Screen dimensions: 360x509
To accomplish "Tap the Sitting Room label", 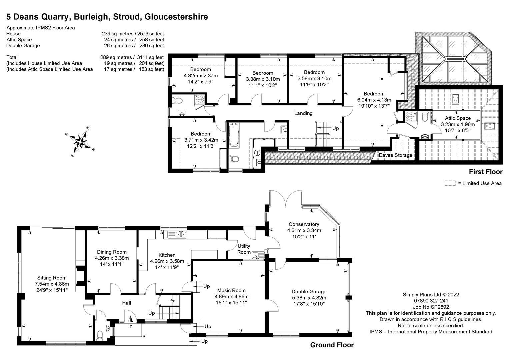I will tap(52, 278).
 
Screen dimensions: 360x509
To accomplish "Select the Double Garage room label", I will tap(309, 291).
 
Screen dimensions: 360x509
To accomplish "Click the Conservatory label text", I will tap(304, 224).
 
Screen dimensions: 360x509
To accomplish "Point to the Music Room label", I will tap(231, 290).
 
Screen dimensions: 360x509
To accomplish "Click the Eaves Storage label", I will tap(395, 155).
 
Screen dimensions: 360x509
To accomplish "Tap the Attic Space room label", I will tap(458, 118).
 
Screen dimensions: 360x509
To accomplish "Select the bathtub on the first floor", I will tap(234, 135).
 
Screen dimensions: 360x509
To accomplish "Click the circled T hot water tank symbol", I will tap(257, 153).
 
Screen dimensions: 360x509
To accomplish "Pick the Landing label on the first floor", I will tap(303, 113).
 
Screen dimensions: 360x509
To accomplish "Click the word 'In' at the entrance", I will tap(130, 326).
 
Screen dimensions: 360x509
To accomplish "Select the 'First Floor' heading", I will tap(485, 172).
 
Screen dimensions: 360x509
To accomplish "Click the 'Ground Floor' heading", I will tap(332, 345).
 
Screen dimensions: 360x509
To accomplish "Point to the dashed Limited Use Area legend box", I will tap(450, 183).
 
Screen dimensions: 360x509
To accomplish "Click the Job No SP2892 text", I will tap(431, 307).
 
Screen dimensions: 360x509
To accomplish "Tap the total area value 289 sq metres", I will tap(117, 57).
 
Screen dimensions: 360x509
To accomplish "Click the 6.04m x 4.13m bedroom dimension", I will tap(374, 100).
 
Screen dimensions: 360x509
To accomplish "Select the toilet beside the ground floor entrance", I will tap(99, 335).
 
